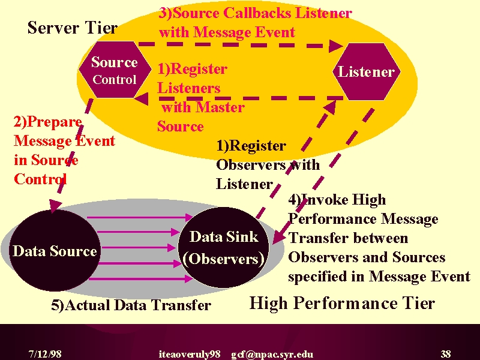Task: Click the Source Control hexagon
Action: [x=115, y=70]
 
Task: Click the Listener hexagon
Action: [x=367, y=71]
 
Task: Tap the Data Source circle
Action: [x=55, y=251]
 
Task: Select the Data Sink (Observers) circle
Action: [x=224, y=247]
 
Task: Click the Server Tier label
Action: [x=73, y=28]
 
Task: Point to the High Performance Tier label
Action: [x=342, y=304]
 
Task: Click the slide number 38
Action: [x=446, y=354]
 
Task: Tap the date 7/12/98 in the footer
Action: [x=45, y=354]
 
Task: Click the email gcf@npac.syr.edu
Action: [x=272, y=354]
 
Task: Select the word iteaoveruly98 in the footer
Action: [x=190, y=354]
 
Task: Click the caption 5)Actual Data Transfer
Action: [x=131, y=305]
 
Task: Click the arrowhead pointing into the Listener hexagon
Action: [x=336, y=46]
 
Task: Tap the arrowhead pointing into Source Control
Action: [x=141, y=99]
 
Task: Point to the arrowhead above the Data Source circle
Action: [x=55, y=205]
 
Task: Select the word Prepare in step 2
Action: [x=55, y=122]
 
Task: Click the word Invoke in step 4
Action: [x=325, y=200]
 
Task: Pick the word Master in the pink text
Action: [x=220, y=107]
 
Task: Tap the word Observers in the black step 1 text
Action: [x=251, y=165]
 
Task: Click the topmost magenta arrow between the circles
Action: [x=140, y=218]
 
